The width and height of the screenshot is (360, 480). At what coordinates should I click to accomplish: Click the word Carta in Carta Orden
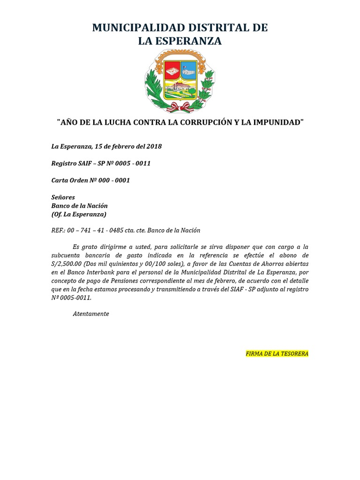(x=60, y=180)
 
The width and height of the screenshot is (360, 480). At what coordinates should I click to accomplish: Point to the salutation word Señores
(x=63, y=197)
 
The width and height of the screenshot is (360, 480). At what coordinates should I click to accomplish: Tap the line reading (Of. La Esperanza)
(x=78, y=214)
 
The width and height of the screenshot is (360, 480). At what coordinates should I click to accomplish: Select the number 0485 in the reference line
(x=130, y=230)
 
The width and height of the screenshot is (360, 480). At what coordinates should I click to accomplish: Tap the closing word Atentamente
(x=91, y=314)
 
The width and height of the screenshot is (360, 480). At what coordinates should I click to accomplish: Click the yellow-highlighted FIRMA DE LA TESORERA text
(x=277, y=353)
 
